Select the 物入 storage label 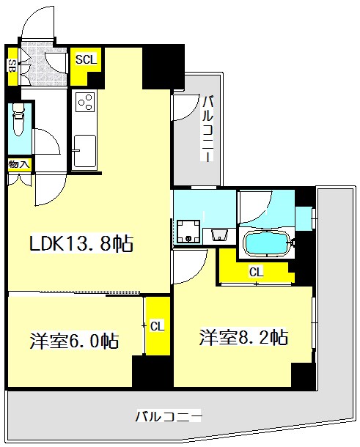coord(18,165)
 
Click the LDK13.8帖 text coord(81,244)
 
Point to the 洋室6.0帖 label coord(74,341)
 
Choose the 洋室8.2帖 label coord(243,338)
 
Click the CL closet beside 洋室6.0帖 coord(157,326)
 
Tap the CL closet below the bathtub coord(255,272)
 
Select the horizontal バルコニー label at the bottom coord(168,417)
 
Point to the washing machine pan coord(188,232)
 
